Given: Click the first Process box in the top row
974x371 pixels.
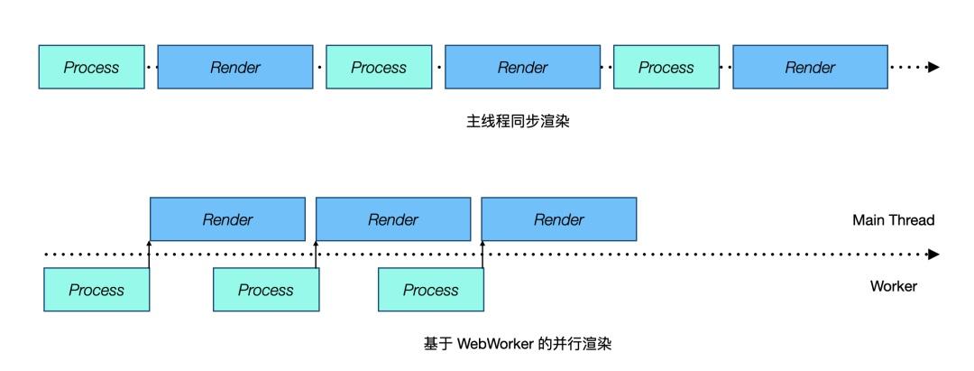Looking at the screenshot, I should point(91,68).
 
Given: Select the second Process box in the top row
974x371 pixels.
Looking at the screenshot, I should point(379,68).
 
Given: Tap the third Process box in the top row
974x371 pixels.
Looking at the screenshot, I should point(666,68).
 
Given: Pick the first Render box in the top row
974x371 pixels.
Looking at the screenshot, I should point(234,68).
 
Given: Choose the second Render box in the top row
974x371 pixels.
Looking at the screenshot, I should point(522,68).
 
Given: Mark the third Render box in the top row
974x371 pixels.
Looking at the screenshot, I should point(809,68).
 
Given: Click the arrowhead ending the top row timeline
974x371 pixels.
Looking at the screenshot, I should point(933,68).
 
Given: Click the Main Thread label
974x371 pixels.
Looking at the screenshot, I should point(893,219).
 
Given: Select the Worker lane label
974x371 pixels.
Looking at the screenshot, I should point(893,286).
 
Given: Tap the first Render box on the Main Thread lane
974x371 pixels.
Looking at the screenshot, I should point(227,219).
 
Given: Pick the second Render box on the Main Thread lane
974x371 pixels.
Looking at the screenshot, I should point(393,219).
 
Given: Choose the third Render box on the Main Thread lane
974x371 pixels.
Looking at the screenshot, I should point(559,219).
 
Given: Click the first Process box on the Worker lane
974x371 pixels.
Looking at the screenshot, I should point(96,290).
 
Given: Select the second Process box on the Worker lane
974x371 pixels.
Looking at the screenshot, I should point(265,290).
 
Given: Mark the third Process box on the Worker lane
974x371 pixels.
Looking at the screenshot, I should point(430,290).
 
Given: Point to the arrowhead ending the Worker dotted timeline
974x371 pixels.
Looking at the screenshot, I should point(933,255).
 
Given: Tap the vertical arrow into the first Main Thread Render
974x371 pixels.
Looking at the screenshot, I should point(150,254).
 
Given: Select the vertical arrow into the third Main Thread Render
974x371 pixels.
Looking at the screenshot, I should point(482,254).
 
